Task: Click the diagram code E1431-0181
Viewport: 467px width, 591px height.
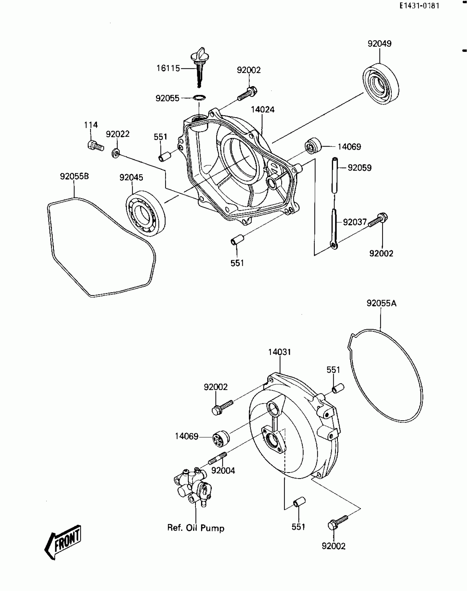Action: coord(419,6)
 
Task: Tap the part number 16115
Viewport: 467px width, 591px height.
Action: coord(168,68)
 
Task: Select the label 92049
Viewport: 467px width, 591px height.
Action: coord(380,44)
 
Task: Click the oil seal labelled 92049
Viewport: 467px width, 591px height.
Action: coord(380,84)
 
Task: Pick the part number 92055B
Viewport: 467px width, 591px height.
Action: coord(74,176)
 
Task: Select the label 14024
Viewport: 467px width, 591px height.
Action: coord(262,110)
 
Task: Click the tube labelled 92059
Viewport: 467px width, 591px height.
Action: coord(334,176)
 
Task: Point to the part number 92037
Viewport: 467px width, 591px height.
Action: coord(355,222)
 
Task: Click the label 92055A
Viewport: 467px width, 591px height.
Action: coord(381,303)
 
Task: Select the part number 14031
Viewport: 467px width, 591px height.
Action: coord(279,352)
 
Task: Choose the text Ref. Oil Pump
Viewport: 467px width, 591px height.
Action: coord(196,528)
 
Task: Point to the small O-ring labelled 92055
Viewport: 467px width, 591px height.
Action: coord(200,98)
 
